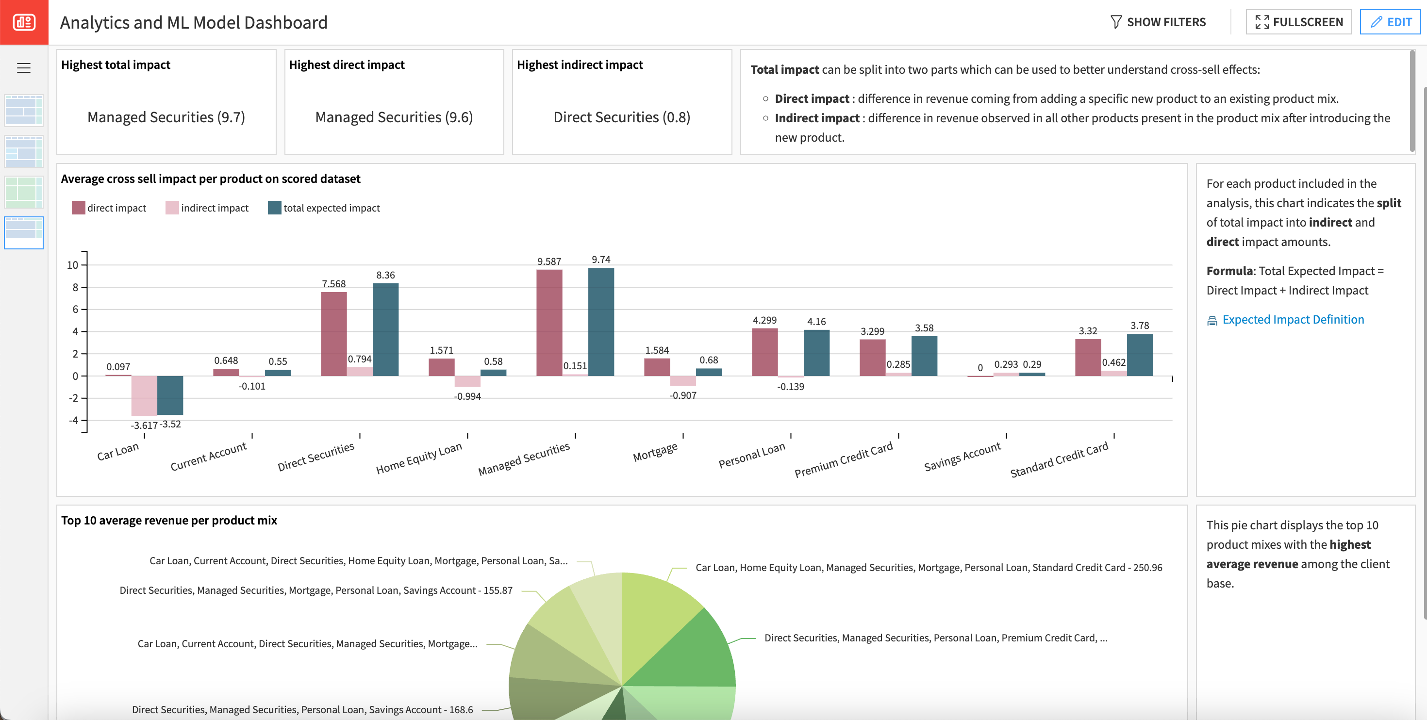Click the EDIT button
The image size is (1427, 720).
tap(1390, 22)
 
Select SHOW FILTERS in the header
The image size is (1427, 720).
tap(1158, 22)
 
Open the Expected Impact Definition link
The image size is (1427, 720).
tap(1293, 320)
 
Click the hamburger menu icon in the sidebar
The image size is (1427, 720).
tap(24, 68)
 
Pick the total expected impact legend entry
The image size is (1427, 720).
tap(331, 208)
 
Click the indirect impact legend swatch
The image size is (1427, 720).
tap(172, 208)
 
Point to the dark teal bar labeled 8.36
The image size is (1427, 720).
tap(385, 329)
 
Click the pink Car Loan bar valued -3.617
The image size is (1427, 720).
tap(144, 395)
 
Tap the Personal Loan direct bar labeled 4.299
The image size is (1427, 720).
tap(764, 352)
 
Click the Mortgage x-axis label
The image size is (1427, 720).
tap(655, 452)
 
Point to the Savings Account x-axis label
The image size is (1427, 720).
tap(962, 457)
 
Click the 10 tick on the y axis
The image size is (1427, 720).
tap(73, 265)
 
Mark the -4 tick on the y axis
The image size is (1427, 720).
tap(73, 420)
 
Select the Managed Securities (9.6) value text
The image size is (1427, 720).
tap(394, 117)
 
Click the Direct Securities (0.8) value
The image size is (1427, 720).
tap(622, 117)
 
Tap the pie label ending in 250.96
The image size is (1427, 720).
tap(929, 568)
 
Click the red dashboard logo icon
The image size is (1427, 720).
tap(24, 22)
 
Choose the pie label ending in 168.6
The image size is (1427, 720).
tap(302, 709)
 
